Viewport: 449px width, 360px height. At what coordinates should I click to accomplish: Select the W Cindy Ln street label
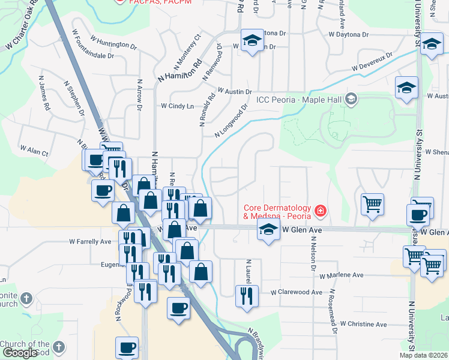coord(177,106)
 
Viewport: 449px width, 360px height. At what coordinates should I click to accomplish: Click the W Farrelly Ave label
coord(90,242)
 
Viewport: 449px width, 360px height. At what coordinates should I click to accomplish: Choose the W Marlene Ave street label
coord(342,275)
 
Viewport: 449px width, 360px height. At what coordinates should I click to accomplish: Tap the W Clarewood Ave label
coord(297,292)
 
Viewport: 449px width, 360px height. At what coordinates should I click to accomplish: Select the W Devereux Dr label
coord(372,63)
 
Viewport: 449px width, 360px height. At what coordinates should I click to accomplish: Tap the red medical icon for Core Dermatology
coord(321,211)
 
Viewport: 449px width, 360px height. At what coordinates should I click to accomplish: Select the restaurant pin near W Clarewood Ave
coord(246,295)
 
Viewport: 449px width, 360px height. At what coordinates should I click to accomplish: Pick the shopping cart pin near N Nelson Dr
coord(372,204)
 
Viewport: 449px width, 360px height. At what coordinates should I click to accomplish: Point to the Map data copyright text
coord(423,355)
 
